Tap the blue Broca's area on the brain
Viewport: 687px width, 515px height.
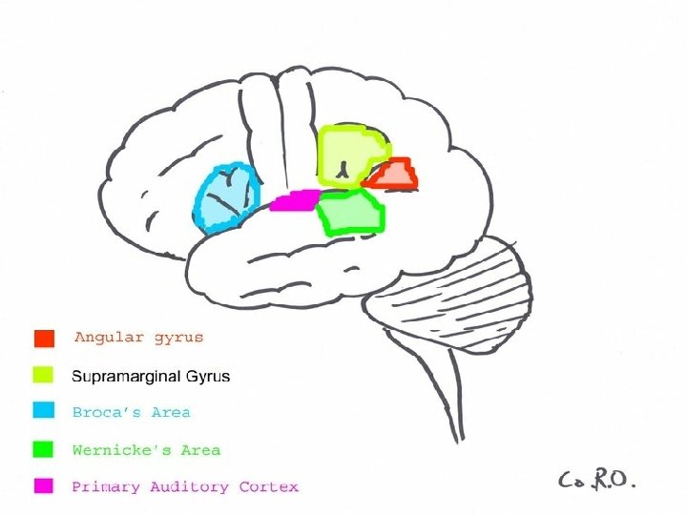click(x=225, y=197)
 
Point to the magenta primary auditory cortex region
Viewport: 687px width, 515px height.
click(x=293, y=200)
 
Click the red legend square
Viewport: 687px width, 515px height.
click(x=44, y=338)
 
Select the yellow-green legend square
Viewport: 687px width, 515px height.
click(x=44, y=376)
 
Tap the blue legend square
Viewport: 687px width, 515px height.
click(x=44, y=412)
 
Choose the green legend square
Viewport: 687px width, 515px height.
click(x=44, y=449)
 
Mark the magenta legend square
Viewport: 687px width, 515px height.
click(x=44, y=486)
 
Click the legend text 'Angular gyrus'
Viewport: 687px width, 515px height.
click(x=138, y=338)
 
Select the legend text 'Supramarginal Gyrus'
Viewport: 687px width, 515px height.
click(x=151, y=376)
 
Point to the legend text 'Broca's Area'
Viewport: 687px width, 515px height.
click(x=132, y=413)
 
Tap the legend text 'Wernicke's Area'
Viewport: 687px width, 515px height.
click(x=146, y=449)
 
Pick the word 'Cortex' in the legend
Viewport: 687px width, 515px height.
click(x=268, y=486)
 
